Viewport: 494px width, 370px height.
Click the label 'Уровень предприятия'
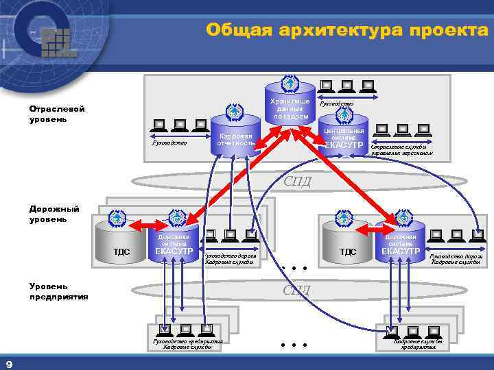[x=58, y=291]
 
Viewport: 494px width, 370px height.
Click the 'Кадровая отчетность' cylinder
[x=235, y=140]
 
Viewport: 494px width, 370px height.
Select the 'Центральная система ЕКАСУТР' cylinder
[x=343, y=136]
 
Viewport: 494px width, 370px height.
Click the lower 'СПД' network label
[x=297, y=290]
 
